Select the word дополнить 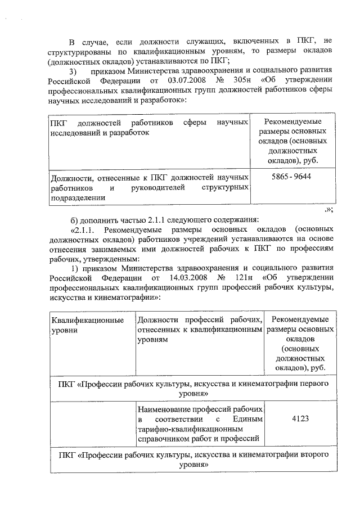[99, 219]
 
